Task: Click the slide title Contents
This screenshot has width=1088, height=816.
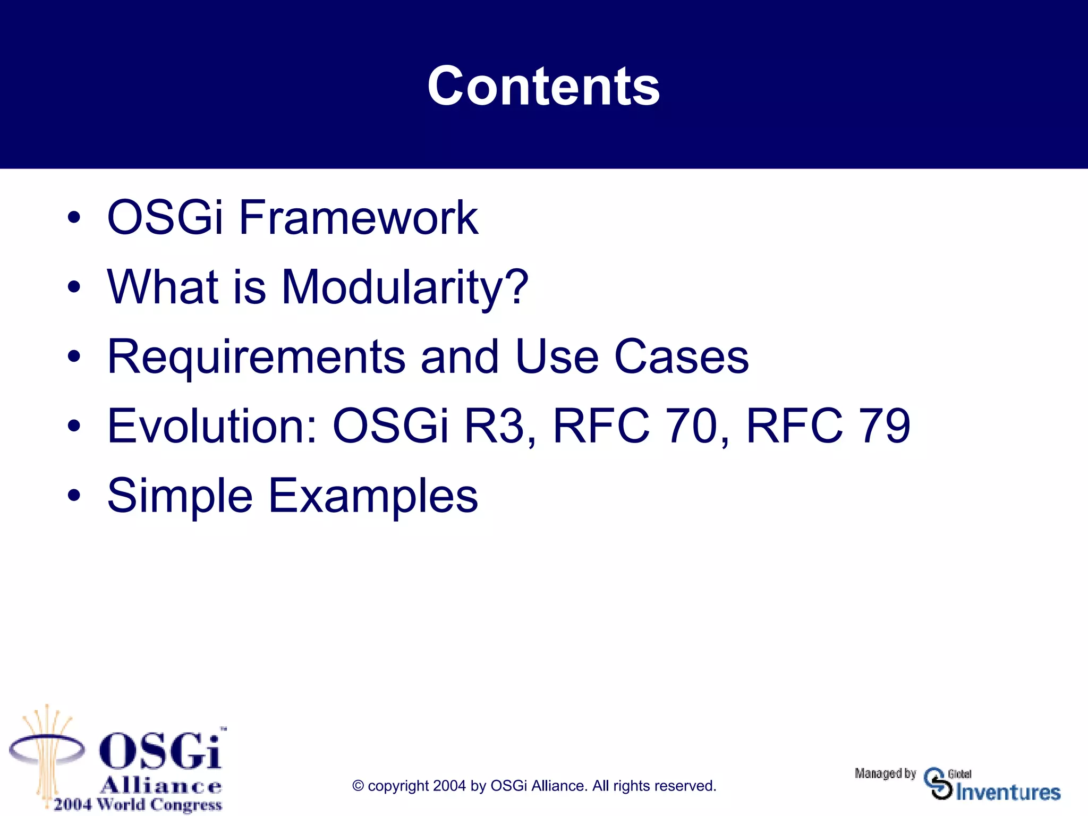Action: [x=543, y=86]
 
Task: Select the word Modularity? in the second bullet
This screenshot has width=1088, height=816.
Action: [x=404, y=287]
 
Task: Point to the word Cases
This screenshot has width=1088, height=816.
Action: [x=681, y=357]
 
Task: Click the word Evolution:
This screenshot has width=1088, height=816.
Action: [x=212, y=426]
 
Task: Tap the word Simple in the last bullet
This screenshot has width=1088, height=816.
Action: [x=180, y=496]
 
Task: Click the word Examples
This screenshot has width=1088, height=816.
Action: [x=373, y=496]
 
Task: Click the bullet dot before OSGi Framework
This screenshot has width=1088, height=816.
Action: [x=74, y=217]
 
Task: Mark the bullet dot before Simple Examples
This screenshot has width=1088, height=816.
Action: [x=74, y=496]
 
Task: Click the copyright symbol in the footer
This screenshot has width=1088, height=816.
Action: [x=358, y=786]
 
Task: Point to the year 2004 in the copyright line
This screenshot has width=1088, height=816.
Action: [x=449, y=786]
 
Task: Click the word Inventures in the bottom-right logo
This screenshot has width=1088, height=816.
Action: [x=1008, y=793]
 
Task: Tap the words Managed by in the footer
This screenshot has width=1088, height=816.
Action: [x=885, y=773]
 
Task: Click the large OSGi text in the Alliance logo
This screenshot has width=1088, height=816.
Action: [x=160, y=751]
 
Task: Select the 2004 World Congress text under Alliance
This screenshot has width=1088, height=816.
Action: [x=138, y=804]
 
